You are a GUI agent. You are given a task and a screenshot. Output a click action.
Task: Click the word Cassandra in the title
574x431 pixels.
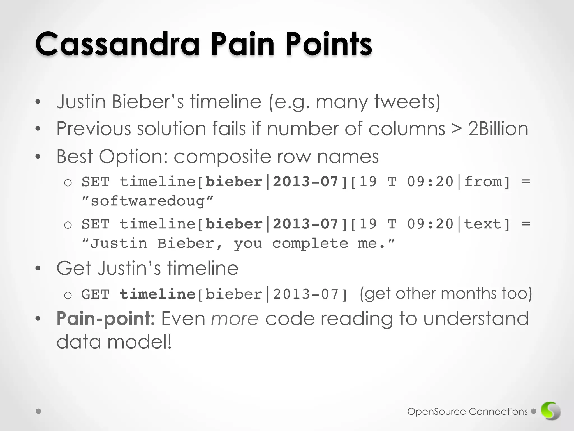tap(117, 44)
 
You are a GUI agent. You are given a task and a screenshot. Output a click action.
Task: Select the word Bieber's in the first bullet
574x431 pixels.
tap(148, 101)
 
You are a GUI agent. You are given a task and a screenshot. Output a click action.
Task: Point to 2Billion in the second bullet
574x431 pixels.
tap(498, 129)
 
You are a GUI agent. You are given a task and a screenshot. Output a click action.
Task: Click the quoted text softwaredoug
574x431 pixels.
tap(148, 201)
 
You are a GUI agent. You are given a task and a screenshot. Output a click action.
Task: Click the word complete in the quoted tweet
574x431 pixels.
tap(310, 243)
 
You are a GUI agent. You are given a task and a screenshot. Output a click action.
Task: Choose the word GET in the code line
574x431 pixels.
tap(95, 294)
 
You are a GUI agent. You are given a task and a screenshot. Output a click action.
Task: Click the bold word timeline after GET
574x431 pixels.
tap(158, 294)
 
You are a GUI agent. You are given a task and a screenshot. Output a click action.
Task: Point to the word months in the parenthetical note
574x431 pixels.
tap(469, 294)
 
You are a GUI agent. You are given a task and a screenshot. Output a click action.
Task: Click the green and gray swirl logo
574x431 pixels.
tap(550, 411)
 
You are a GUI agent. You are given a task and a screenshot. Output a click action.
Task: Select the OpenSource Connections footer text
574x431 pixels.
tap(467, 411)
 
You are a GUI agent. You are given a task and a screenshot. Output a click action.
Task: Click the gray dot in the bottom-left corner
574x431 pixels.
tap(39, 411)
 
